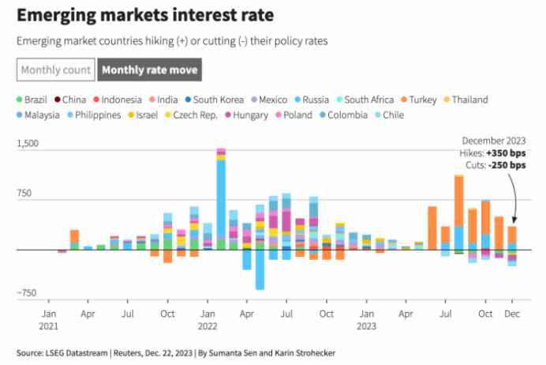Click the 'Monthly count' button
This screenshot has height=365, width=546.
[x=56, y=70]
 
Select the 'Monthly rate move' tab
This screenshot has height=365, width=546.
[x=149, y=70]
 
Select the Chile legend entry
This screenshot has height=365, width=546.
[x=393, y=115]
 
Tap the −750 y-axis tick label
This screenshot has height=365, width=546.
[x=28, y=293]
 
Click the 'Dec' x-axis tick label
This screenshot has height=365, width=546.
[x=511, y=314]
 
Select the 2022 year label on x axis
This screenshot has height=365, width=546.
[x=208, y=325]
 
